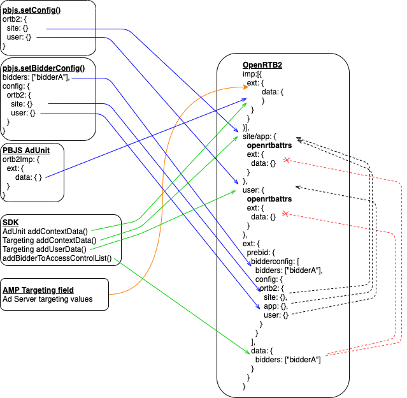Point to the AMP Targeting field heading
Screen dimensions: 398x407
[38, 290]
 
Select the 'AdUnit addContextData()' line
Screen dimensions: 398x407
[45, 231]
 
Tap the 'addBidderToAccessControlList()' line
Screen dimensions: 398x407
[57, 258]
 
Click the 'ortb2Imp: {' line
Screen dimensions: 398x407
[21, 159]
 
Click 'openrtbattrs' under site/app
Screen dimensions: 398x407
[269, 145]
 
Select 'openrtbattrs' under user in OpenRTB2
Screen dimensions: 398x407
[269, 200]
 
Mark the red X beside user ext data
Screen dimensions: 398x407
[287, 214]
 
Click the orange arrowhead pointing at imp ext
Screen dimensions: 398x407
[246, 89]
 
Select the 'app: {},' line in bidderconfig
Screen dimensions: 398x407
[277, 306]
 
